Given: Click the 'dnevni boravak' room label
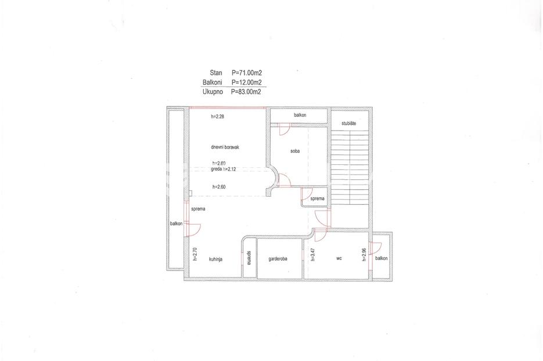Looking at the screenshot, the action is tap(225, 147).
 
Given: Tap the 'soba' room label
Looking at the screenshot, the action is tap(295, 151).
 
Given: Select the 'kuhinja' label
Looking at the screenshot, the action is tap(215, 259).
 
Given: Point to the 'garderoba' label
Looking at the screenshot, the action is tap(278, 258).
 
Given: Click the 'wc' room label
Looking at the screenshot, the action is tap(339, 258).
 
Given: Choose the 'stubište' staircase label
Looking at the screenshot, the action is tap(348, 123).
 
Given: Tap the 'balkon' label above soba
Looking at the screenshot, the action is tap(300, 115).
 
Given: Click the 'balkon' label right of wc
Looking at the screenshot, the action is tap(382, 258).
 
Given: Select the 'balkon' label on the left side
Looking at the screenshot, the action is tap(176, 223).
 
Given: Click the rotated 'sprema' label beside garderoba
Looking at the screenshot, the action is tap(249, 258).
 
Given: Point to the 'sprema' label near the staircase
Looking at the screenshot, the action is tap(317, 198).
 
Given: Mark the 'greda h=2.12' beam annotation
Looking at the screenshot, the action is tap(224, 169).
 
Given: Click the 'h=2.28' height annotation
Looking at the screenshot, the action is tap(217, 117).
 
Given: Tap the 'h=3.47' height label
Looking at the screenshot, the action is tap(312, 254).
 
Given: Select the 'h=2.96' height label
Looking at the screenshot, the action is tap(364, 254).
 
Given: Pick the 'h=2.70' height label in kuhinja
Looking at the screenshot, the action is tap(195, 254).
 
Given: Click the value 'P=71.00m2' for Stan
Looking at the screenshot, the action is tap(247, 73).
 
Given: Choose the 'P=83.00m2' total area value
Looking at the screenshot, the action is tap(246, 92).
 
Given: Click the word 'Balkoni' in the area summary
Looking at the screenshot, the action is tap(213, 82).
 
